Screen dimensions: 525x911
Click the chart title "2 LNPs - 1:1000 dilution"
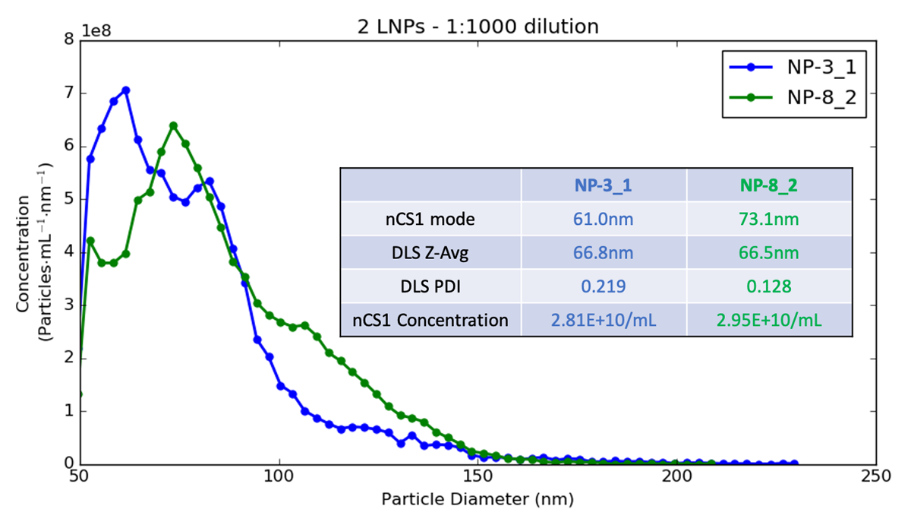[x=478, y=27]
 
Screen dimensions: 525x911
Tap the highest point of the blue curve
[x=126, y=90]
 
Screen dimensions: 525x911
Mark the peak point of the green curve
[x=173, y=125]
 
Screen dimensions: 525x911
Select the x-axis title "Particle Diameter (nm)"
[x=478, y=500]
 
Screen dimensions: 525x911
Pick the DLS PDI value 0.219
[x=604, y=286]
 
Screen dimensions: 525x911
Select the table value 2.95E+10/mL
[x=769, y=320]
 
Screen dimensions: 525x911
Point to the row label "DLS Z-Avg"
[x=430, y=252]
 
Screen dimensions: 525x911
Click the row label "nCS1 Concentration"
[x=430, y=320]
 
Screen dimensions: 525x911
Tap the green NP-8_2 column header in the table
[x=769, y=185]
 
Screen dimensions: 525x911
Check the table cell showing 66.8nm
[x=604, y=252]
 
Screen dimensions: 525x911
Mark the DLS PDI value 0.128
[x=769, y=286]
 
